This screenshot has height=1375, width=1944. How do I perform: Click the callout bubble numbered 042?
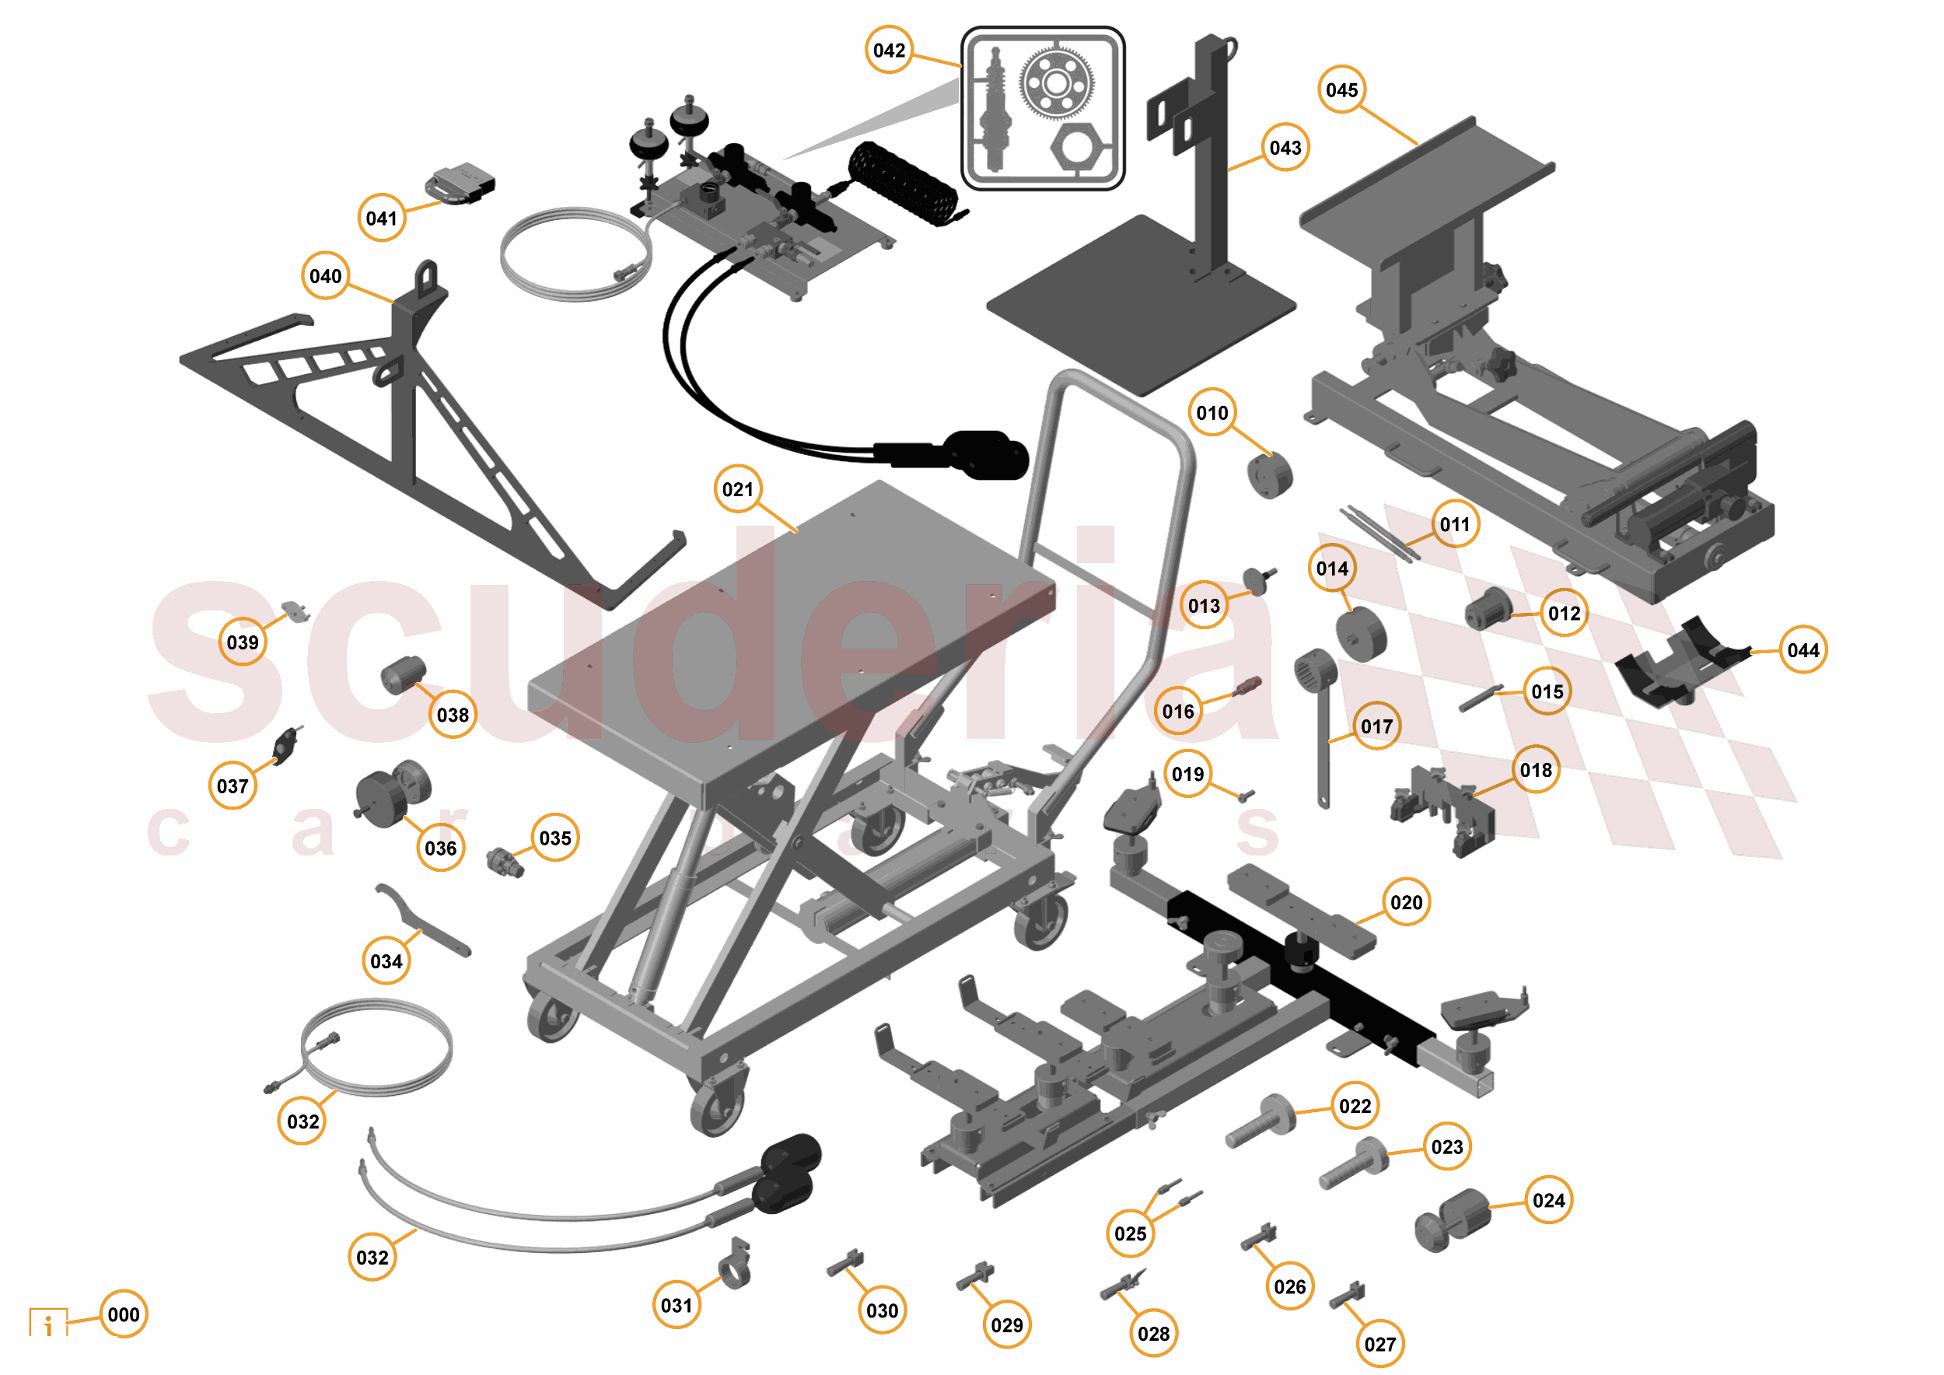[x=888, y=50]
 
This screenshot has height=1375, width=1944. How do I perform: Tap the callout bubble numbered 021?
[x=737, y=489]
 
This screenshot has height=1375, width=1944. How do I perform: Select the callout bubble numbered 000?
[x=124, y=1314]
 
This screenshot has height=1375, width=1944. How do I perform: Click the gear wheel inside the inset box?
[x=1054, y=83]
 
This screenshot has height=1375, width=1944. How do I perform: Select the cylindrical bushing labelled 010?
[x=1269, y=475]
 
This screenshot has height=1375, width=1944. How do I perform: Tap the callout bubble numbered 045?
[x=1341, y=89]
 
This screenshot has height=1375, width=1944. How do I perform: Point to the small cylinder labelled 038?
[x=402, y=675]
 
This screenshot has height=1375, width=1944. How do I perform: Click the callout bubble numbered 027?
[x=1379, y=1344]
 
